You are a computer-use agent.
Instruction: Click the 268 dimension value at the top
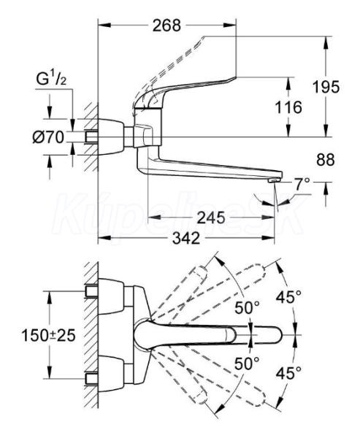(167, 26)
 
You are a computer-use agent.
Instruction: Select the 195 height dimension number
(326, 87)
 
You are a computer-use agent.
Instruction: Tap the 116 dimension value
(288, 107)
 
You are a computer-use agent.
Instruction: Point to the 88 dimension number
(326, 160)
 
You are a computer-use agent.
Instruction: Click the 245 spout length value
(211, 218)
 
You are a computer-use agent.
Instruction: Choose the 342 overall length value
(186, 238)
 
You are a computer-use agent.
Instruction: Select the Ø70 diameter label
(48, 137)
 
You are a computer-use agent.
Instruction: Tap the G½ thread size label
(51, 80)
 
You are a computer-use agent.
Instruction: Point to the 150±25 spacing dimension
(49, 335)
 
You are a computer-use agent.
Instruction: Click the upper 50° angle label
(247, 307)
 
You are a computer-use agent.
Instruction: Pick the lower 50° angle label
(247, 363)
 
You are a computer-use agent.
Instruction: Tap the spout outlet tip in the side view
(274, 181)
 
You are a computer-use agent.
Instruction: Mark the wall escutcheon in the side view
(111, 137)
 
